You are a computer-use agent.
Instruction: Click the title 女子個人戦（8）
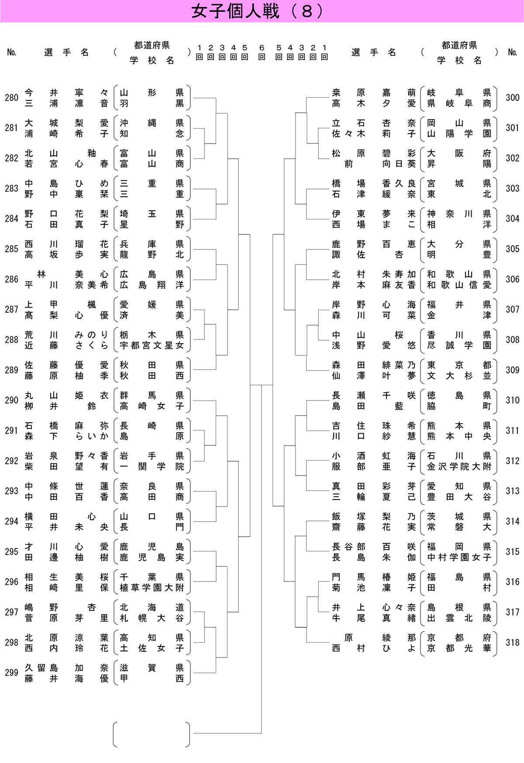[x=258, y=11]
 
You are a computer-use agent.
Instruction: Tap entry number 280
[x=11, y=98]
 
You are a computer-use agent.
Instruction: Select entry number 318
[x=512, y=643]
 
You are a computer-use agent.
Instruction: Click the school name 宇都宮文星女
[x=152, y=346]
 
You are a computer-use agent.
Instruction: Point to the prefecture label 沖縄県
[x=152, y=123]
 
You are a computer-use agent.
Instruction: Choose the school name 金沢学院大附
[x=459, y=467]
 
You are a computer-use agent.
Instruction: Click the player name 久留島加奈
[x=66, y=668]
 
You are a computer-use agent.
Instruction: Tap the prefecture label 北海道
[x=152, y=607]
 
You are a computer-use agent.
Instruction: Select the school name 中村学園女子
[x=459, y=558]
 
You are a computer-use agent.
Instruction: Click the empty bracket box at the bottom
[x=152, y=734]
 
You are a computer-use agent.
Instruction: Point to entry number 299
[x=11, y=673]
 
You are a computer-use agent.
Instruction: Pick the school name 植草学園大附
[x=152, y=588]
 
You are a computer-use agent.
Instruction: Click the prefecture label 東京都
[x=459, y=365]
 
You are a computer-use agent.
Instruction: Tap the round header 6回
[x=262, y=52]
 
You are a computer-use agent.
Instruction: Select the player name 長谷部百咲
[x=373, y=547]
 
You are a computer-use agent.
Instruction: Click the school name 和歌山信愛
[x=459, y=285]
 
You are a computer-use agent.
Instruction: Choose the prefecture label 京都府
[x=459, y=638]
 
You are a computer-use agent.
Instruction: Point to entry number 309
[x=512, y=370]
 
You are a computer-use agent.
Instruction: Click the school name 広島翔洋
[x=152, y=285]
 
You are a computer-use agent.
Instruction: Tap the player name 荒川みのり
[x=66, y=335]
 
